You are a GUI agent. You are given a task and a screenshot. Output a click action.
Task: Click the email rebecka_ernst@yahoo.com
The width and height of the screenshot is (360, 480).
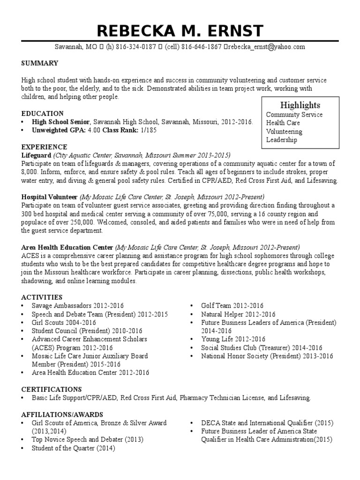pyautogui.click(x=267, y=47)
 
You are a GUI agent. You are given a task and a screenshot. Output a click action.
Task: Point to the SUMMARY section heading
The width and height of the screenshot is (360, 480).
pyautogui.click(x=40, y=63)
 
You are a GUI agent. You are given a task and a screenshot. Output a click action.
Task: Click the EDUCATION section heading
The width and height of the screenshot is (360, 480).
pyautogui.click(x=43, y=113)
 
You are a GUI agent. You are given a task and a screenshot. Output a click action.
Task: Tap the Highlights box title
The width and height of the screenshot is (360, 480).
pyautogui.click(x=300, y=105)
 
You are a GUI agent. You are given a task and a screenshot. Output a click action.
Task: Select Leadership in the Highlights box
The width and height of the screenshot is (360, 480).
pyautogui.click(x=282, y=140)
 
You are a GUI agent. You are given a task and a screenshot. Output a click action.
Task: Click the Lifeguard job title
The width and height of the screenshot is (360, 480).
pyautogui.click(x=36, y=155)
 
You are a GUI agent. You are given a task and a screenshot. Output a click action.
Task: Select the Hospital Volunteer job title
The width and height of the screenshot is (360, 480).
pyautogui.click(x=49, y=197)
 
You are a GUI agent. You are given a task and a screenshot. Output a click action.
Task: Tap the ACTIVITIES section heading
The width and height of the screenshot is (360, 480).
pyautogui.click(x=42, y=297)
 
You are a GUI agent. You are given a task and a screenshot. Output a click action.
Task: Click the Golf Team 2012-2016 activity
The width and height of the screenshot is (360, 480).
pyautogui.click(x=232, y=306)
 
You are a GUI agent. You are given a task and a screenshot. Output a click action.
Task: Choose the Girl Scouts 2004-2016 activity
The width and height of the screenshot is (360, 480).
pyautogui.click(x=64, y=322)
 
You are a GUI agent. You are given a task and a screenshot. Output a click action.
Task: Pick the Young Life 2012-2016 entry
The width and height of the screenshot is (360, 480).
pyautogui.click(x=233, y=339)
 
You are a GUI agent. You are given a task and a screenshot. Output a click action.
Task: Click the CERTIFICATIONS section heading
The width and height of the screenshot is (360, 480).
pyautogui.click(x=52, y=390)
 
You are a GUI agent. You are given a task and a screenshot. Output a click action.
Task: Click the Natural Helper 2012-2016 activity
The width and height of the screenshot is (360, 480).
pyautogui.click(x=238, y=314)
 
